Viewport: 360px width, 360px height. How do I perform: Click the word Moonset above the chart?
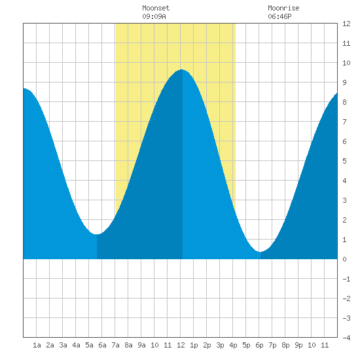[156, 8]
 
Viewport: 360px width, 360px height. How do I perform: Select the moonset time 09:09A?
[154, 16]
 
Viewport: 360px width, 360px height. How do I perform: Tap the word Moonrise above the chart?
[283, 8]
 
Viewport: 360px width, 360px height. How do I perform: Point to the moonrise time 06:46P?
[279, 16]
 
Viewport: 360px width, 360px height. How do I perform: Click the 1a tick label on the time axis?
[37, 345]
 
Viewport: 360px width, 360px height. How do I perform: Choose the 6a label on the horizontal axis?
[102, 345]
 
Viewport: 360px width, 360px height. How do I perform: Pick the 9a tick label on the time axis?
[141, 345]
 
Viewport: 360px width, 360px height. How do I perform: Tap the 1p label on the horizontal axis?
[194, 345]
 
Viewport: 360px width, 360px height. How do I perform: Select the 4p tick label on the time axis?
[233, 345]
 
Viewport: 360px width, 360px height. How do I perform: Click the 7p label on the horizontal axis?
[272, 345]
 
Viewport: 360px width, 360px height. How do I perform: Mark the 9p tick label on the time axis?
[298, 345]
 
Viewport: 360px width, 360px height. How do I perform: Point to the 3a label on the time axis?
[63, 345]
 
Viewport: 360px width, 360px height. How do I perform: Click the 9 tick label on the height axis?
[344, 82]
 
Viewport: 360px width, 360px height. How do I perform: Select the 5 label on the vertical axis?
[344, 161]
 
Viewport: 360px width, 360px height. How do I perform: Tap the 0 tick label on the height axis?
[344, 259]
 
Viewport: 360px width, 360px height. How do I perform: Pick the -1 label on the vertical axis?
[346, 279]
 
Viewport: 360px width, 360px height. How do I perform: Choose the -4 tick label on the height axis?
[346, 338]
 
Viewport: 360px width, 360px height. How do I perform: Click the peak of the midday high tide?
[182, 69]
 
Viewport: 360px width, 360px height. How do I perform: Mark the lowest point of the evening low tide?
[260, 251]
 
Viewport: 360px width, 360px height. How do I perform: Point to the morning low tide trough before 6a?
[97, 234]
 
